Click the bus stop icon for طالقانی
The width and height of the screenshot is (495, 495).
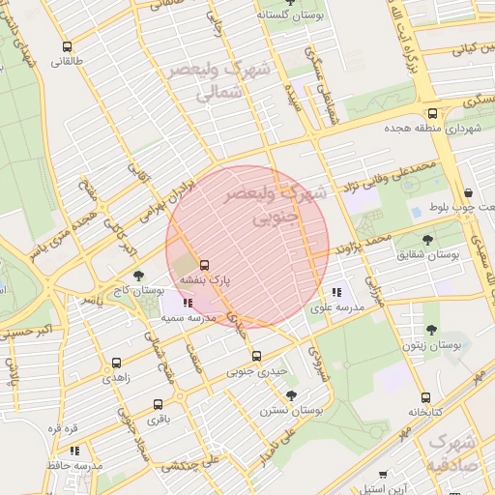pos(67,46)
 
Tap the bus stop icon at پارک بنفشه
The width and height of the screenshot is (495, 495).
pos(204,265)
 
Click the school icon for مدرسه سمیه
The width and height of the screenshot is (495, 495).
pos(187,304)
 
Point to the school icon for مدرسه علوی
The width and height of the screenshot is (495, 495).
pos(336,291)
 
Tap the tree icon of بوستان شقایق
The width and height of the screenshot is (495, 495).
pos(427,239)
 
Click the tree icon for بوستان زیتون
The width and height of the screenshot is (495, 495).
pos(431,330)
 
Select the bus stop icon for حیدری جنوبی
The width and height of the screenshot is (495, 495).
pos(255,355)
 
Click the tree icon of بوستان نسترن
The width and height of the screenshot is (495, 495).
pos(291,394)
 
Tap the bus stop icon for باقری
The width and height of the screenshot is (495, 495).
pos(158,404)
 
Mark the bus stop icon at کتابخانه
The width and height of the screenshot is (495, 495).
pos(425,397)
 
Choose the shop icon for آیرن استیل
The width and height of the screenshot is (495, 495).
pos(384,476)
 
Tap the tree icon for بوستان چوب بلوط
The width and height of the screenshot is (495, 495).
pos(468,192)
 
